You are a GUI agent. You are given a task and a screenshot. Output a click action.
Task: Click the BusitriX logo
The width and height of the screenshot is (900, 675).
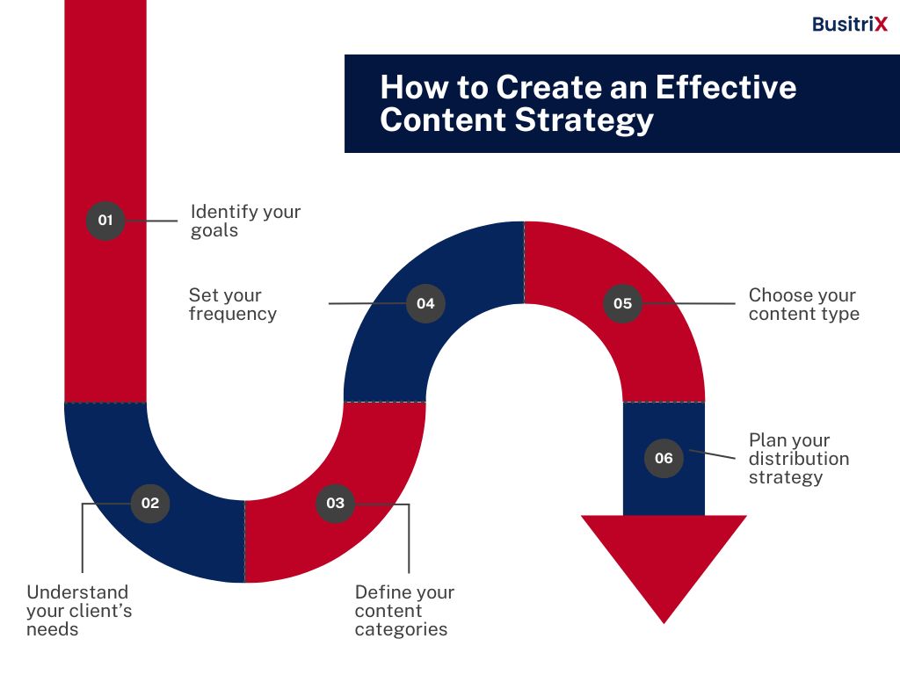pos(850,24)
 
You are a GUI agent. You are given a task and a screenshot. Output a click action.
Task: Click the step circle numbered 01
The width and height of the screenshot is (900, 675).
pos(105,221)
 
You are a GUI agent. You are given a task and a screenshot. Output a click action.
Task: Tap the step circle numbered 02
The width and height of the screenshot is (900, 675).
pos(150,504)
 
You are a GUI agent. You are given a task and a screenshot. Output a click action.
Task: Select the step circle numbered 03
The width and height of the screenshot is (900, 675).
pos(335,504)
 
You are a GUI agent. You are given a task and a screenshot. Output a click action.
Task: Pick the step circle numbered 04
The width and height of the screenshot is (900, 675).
pos(425,303)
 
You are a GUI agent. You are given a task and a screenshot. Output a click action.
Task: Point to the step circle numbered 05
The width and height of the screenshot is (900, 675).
pos(623,303)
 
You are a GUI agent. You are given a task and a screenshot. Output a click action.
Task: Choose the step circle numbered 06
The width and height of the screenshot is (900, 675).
pos(664,458)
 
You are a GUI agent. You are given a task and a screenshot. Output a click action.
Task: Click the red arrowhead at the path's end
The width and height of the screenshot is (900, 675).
pos(664,560)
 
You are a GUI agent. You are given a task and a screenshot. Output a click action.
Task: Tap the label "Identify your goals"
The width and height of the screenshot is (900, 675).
pos(246,221)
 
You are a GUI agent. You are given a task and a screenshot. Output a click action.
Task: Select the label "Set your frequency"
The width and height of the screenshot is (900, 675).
pos(232,304)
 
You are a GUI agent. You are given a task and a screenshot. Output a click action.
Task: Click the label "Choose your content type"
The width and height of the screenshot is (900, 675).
pos(804,304)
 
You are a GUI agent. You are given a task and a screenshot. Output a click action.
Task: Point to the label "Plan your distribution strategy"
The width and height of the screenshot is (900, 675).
pos(799,459)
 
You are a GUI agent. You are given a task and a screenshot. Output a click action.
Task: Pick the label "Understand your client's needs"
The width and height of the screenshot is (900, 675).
pos(79,611)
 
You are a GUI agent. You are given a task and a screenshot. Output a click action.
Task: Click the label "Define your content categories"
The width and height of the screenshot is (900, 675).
pos(404,611)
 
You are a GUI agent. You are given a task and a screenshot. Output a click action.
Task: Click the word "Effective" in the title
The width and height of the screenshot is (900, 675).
pos(725,88)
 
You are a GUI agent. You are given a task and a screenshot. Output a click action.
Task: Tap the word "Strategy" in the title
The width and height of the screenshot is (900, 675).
pos(584,121)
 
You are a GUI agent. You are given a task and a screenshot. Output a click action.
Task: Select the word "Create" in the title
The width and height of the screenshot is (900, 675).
pos(548,88)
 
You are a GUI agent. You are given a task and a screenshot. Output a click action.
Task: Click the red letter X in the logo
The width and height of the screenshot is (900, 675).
pos(881,24)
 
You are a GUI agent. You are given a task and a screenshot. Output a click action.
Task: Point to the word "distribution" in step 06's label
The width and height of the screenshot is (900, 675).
pos(799,459)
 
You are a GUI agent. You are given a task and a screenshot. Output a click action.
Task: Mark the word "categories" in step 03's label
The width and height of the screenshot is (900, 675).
pos(401,629)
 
